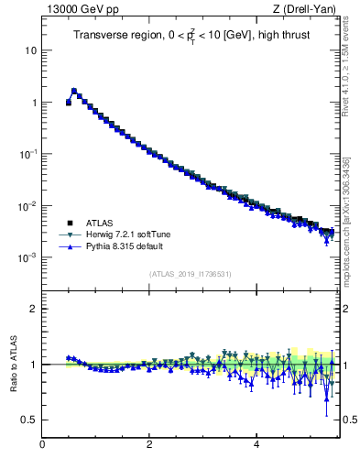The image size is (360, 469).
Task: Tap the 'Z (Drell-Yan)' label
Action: coord(308,11)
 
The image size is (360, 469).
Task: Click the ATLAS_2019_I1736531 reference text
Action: coord(191,274)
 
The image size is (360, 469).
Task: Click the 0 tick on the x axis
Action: coord(42,445)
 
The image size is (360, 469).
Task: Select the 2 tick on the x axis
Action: coord(149,445)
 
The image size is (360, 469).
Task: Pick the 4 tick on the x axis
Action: coord(256,445)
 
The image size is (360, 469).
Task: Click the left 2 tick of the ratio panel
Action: coord(33,309)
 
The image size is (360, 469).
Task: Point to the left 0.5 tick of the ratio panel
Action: coord(30,420)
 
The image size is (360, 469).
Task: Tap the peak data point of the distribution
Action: coord(74,91)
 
